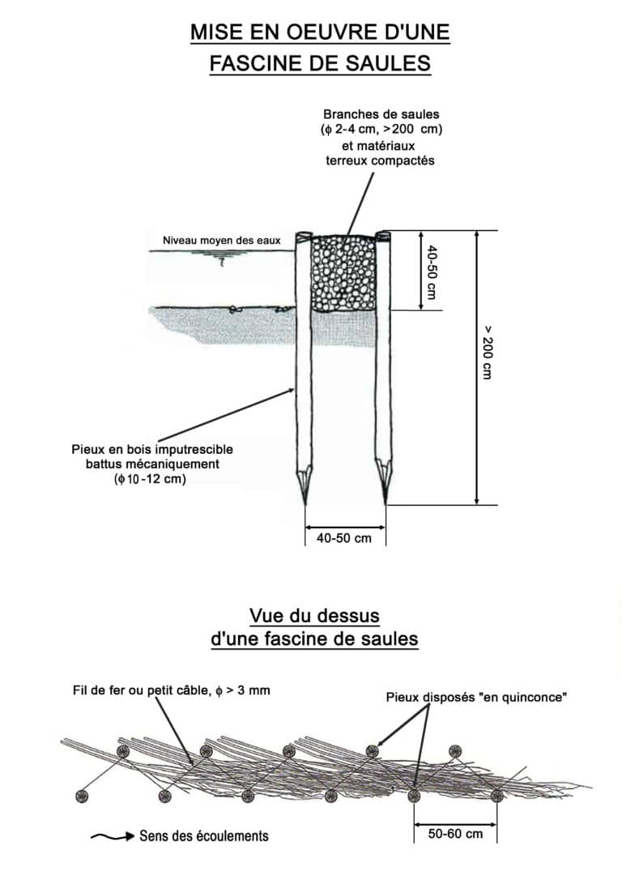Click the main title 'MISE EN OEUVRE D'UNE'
[x=319, y=32]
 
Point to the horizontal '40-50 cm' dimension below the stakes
[x=344, y=538]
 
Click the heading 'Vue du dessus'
[x=314, y=616]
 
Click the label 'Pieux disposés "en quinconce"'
[x=475, y=696]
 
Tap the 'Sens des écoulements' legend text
[x=203, y=835]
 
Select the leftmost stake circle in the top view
[x=81, y=796]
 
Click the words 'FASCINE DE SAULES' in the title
[x=319, y=63]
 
